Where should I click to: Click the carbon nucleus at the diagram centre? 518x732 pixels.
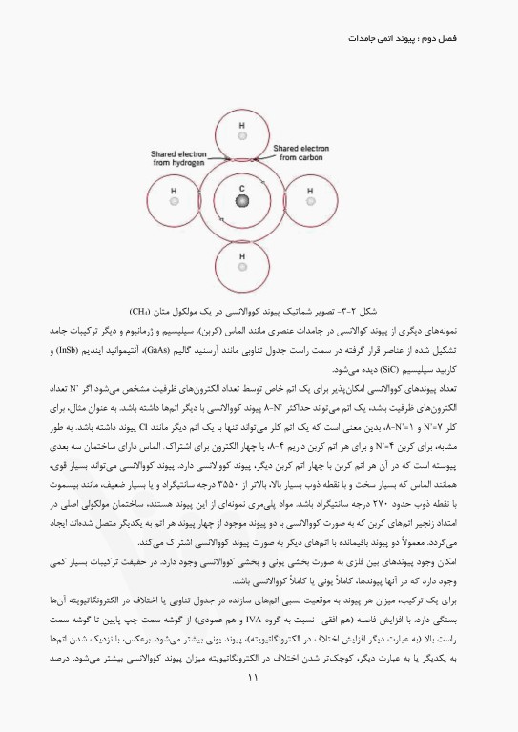242,202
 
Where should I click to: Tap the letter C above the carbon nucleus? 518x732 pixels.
242,189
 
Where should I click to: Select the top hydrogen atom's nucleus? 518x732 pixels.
242,139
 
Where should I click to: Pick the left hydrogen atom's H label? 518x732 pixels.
174,191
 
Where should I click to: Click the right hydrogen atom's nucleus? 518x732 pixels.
311,202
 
